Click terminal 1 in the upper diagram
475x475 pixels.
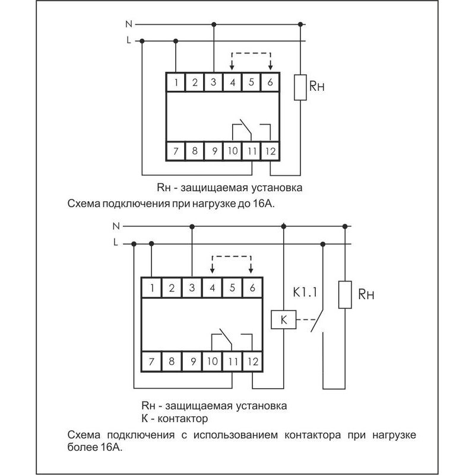click(176, 82)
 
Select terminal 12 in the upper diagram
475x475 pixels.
click(271, 151)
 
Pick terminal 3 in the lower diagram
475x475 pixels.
click(191, 289)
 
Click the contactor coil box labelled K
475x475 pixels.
click(283, 319)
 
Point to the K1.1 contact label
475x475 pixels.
click(305, 293)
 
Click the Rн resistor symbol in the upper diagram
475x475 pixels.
click(301, 88)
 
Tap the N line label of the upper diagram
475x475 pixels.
click(129, 24)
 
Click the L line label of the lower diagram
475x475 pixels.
click(115, 242)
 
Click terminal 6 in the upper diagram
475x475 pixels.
click(271, 82)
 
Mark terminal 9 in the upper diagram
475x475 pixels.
click(213, 151)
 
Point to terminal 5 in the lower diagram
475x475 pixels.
click(232, 289)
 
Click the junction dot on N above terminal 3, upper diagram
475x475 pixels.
click(214, 24)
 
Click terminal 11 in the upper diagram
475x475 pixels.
click(252, 151)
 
